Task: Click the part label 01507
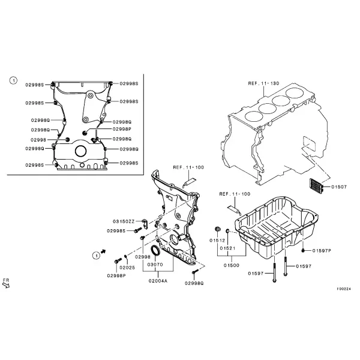(x=339, y=187)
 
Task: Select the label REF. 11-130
(x=263, y=83)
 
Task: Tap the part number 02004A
(x=158, y=281)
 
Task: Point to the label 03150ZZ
(x=124, y=221)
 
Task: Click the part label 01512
(x=217, y=241)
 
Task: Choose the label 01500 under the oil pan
(x=232, y=265)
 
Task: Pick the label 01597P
(x=322, y=250)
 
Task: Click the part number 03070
(x=155, y=265)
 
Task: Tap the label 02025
(x=127, y=268)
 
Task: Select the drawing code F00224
(x=344, y=289)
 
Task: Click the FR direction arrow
(x=6, y=285)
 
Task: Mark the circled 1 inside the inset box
(x=13, y=80)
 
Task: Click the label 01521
(x=227, y=248)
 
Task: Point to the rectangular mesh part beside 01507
(x=316, y=185)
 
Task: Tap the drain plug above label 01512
(x=217, y=229)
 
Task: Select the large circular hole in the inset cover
(x=81, y=151)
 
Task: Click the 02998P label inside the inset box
(x=122, y=129)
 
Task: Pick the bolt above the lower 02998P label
(x=118, y=261)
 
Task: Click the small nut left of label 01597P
(x=303, y=250)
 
